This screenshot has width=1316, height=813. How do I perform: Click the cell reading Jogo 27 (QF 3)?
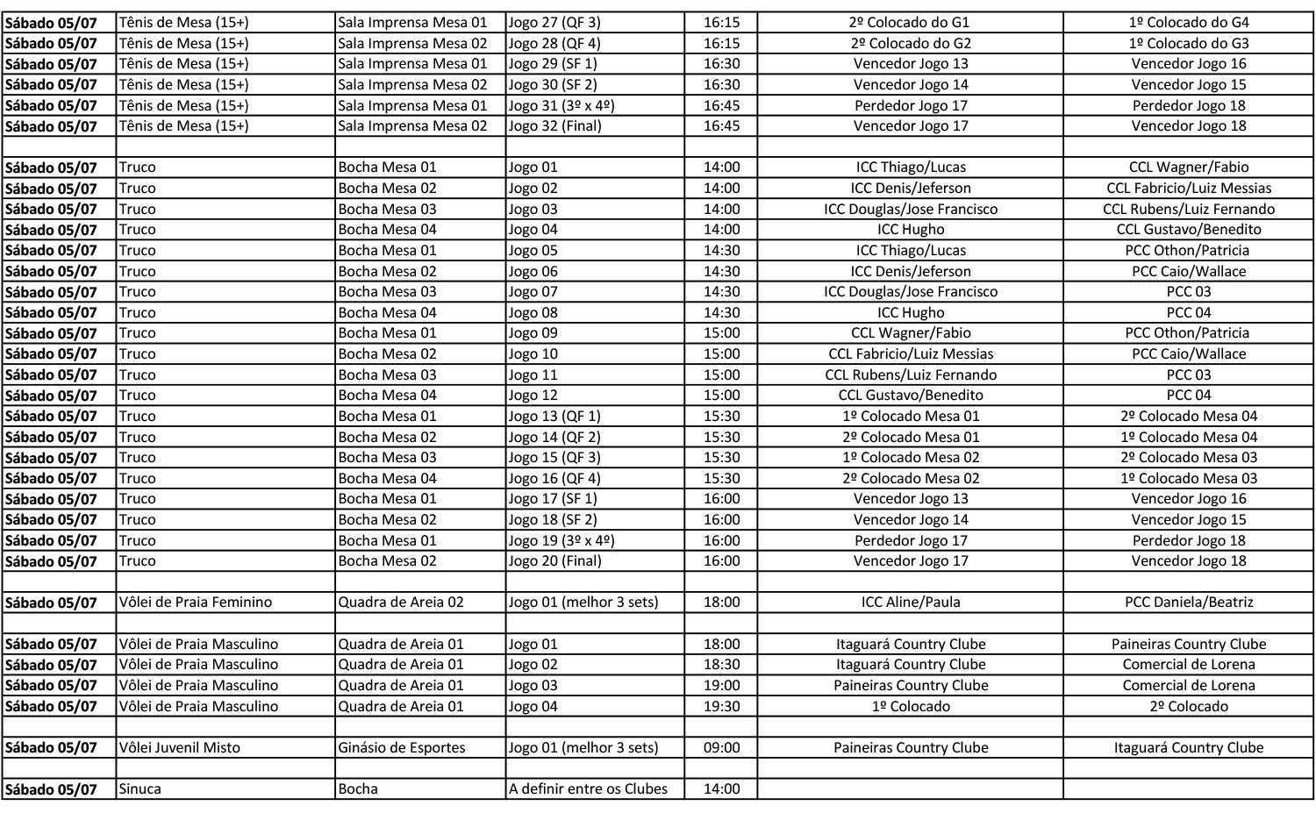click(554, 23)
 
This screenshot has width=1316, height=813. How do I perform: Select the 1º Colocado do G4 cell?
click(1189, 23)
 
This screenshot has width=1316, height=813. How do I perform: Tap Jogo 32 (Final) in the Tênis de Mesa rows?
click(555, 126)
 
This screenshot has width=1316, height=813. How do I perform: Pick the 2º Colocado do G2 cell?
click(911, 43)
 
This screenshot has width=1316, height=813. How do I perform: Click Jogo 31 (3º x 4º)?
click(561, 105)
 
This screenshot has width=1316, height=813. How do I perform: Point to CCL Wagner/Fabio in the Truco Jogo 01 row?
click(1189, 168)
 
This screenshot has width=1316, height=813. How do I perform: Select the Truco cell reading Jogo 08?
click(533, 312)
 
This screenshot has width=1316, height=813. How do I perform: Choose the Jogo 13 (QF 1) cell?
click(554, 416)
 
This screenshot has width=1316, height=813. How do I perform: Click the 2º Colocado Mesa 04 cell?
click(1189, 416)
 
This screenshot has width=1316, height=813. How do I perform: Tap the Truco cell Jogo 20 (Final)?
click(555, 561)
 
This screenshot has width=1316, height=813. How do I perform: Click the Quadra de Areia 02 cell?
click(401, 603)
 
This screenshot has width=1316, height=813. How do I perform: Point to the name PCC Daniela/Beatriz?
click(1189, 603)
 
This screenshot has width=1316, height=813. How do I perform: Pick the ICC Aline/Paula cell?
click(911, 603)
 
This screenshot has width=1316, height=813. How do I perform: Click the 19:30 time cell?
click(721, 706)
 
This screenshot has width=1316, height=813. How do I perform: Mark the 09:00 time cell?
click(721, 748)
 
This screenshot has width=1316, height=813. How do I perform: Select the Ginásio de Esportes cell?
click(402, 748)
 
